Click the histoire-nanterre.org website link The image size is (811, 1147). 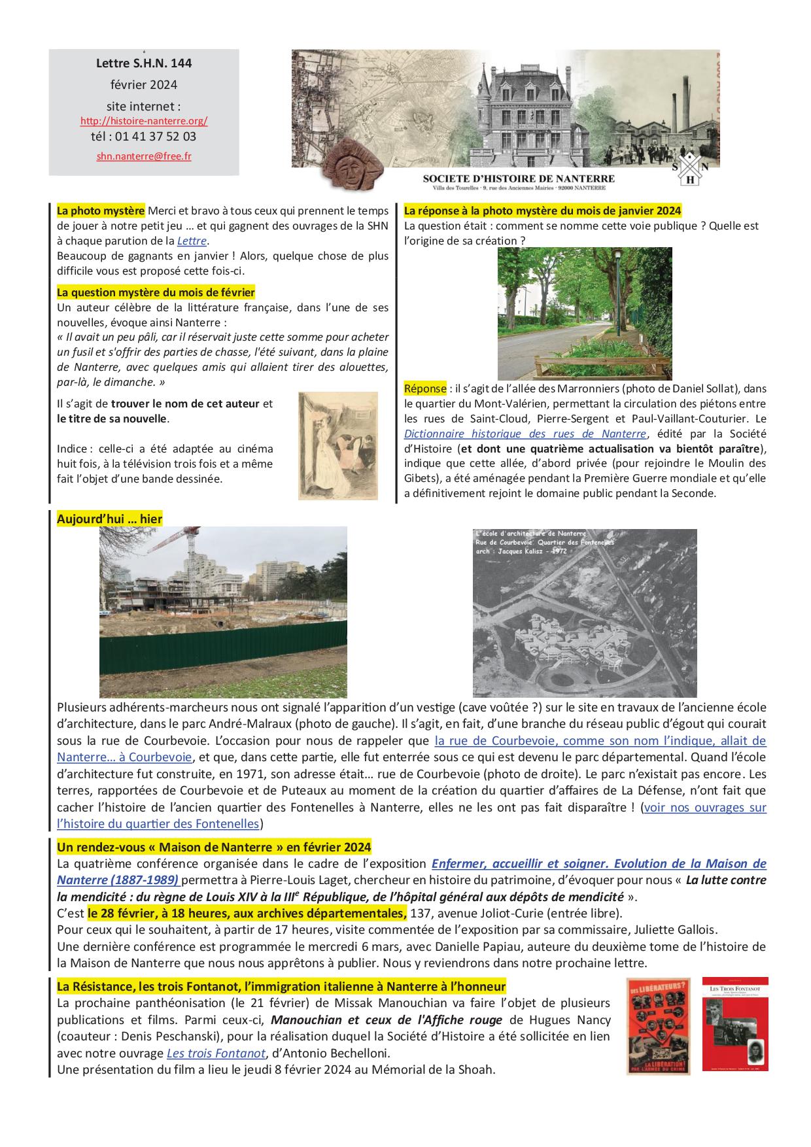(x=144, y=121)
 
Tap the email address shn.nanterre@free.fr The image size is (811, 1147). (x=144, y=156)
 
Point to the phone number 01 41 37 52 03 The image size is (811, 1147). (x=155, y=137)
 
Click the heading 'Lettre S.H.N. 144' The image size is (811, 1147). (x=144, y=63)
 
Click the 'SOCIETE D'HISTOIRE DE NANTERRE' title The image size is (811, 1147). (x=518, y=178)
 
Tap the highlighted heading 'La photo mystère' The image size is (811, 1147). (x=101, y=211)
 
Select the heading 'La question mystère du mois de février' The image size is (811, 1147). (x=156, y=292)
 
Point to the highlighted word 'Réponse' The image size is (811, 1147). (x=425, y=388)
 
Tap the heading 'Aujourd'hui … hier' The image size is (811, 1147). (x=110, y=519)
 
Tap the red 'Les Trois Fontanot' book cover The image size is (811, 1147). (x=734, y=1023)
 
